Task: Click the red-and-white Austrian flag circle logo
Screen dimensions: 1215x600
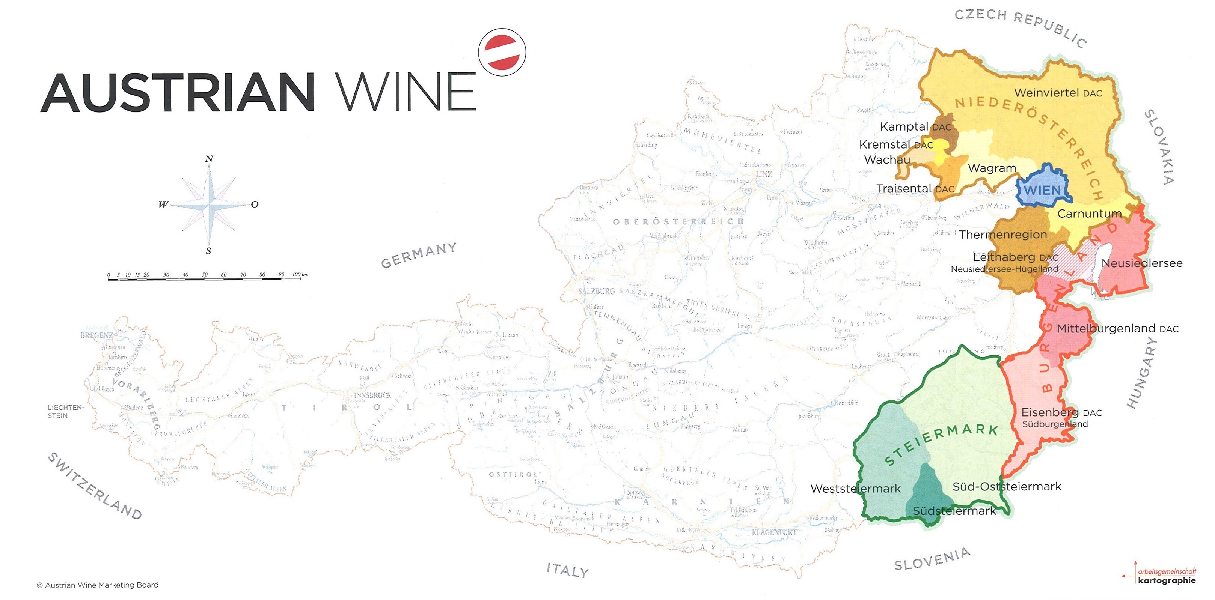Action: [x=502, y=51]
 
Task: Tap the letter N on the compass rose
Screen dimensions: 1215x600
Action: [x=209, y=159]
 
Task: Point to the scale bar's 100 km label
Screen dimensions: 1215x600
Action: [x=300, y=274]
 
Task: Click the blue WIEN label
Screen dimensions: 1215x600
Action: [x=1042, y=190]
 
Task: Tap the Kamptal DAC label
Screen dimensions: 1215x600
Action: [x=915, y=127]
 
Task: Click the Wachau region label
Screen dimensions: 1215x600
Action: [x=887, y=160]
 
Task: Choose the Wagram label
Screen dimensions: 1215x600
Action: [x=992, y=168]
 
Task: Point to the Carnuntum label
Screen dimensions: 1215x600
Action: [x=1089, y=214]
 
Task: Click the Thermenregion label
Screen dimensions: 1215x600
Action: [x=1003, y=234]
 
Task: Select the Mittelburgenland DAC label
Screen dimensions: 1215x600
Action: [x=1117, y=328]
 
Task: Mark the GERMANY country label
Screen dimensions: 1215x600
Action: [x=418, y=255]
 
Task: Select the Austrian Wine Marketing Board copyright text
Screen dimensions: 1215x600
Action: [x=98, y=585]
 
